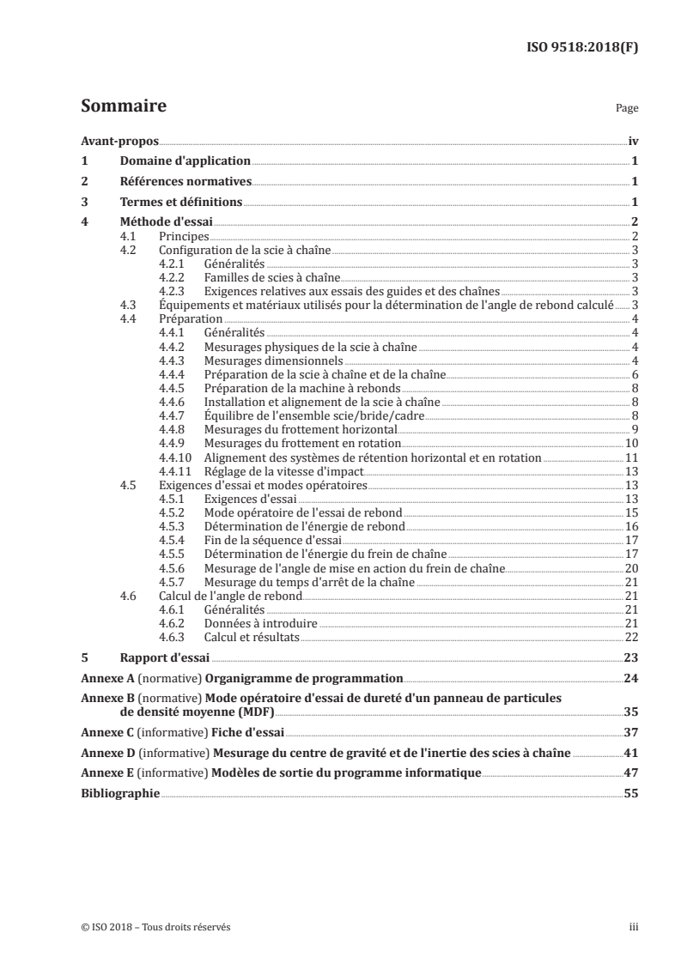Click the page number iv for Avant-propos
coord(632,142)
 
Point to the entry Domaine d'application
coord(185,160)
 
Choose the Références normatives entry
coord(185,181)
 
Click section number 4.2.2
coord(173,278)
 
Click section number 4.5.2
coord(173,512)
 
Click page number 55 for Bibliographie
coord(631,795)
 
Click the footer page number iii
coord(634,927)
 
